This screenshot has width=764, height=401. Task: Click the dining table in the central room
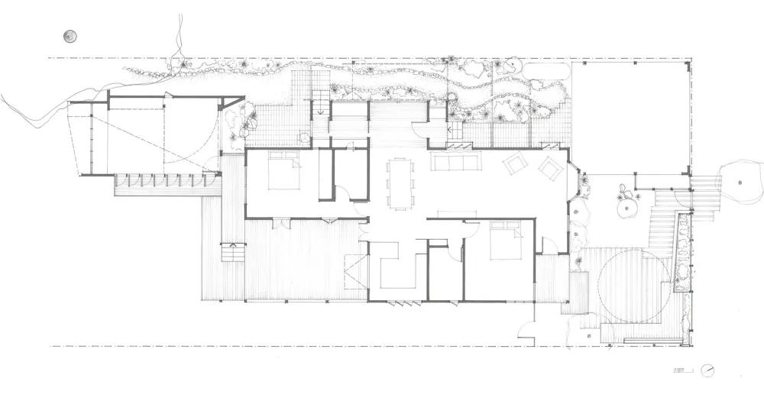pyautogui.click(x=399, y=182)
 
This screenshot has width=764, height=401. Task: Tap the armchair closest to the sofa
pyautogui.click(x=513, y=163)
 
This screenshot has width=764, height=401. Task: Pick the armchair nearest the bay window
pyautogui.click(x=550, y=167)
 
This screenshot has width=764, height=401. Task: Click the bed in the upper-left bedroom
pyautogui.click(x=280, y=170)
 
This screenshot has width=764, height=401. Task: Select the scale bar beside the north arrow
pyautogui.click(x=679, y=370)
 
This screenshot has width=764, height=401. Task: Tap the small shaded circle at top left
pyautogui.click(x=70, y=36)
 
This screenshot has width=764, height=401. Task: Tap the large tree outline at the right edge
pyautogui.click(x=740, y=183)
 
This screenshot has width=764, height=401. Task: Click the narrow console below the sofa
pyautogui.click(x=457, y=213)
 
